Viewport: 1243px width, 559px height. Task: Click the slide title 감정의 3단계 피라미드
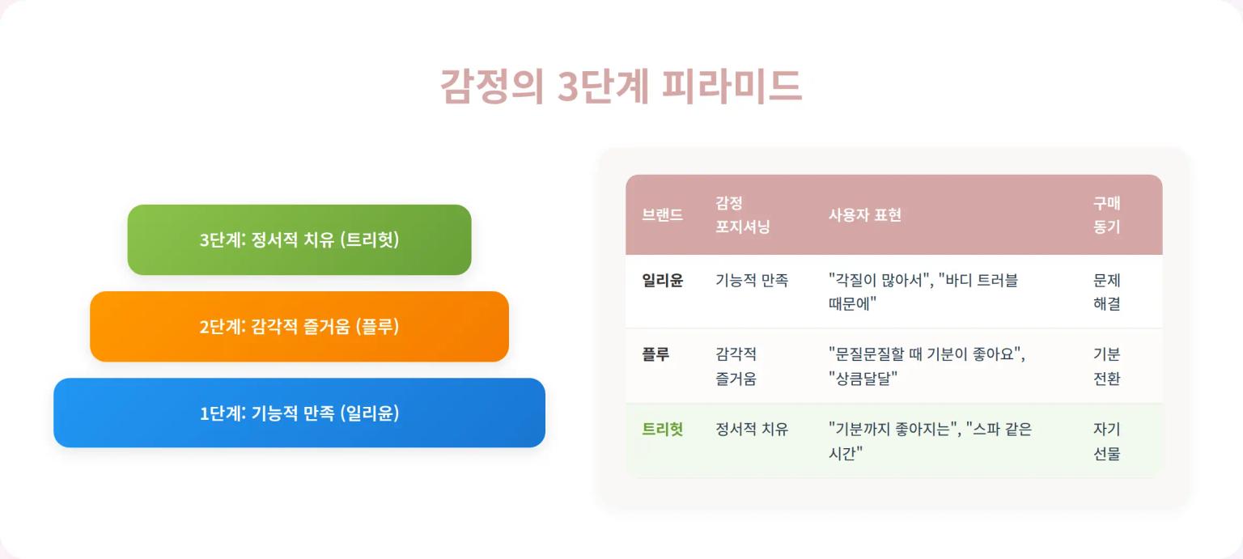coord(621,87)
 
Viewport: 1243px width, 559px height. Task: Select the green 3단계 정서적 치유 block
coord(299,239)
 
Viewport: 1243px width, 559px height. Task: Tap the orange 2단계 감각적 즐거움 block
coord(299,327)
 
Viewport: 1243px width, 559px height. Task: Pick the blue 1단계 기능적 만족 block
coord(299,413)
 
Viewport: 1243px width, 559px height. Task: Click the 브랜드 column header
coord(662,215)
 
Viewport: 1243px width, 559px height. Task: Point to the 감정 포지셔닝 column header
coord(742,215)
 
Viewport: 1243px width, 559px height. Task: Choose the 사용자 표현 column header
coord(864,215)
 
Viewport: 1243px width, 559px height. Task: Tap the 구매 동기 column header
coord(1106,215)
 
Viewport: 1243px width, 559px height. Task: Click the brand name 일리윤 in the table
coord(662,281)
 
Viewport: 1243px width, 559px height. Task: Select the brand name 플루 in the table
coord(655,354)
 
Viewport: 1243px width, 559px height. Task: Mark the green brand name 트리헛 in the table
coord(662,430)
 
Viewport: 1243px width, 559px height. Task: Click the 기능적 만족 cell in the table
coord(752,281)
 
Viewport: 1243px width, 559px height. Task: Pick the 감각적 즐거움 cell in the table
coord(736,366)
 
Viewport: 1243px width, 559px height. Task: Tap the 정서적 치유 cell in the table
coord(752,430)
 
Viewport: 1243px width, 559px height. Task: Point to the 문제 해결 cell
coord(1106,292)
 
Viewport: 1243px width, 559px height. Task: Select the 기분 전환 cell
coord(1106,366)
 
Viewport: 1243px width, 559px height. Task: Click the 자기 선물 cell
coord(1106,442)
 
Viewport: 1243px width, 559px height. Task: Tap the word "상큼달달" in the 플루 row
coord(863,379)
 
